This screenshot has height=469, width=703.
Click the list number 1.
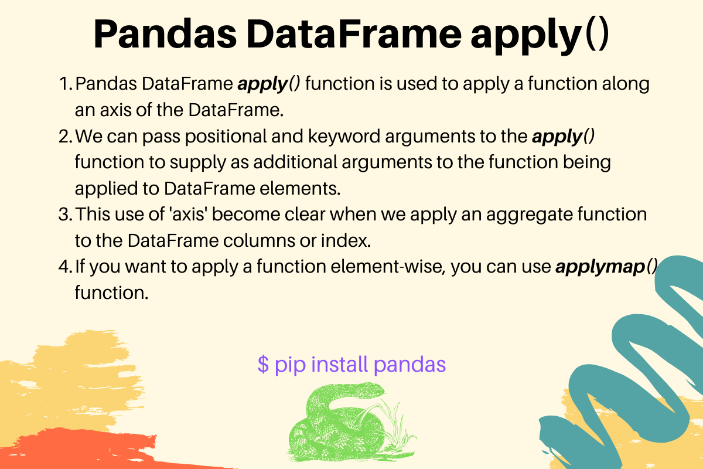point(65,84)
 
